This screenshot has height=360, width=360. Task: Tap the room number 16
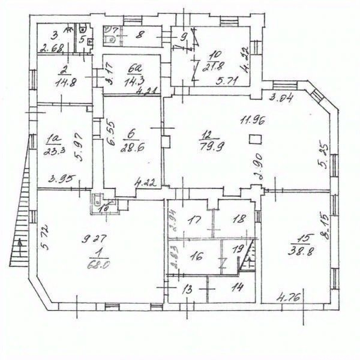tap(196, 254)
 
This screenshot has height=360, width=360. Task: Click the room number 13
tap(187, 289)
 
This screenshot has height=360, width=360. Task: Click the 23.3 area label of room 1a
tap(52, 152)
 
